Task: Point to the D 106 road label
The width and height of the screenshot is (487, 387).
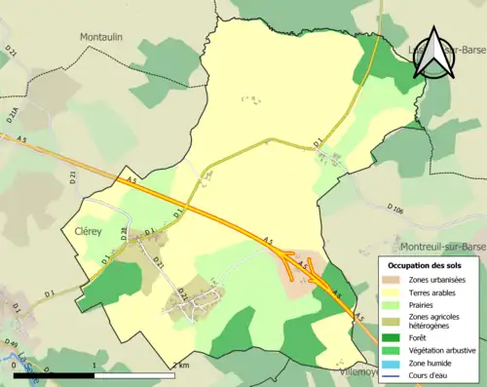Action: [x=394, y=209]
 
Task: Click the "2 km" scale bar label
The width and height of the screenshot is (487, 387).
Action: [x=180, y=365]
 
